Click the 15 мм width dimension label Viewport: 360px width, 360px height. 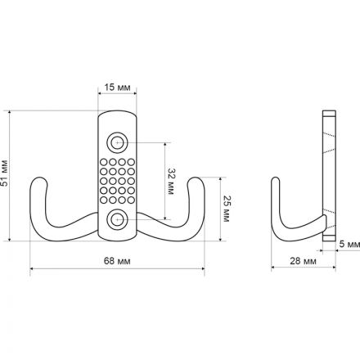117,88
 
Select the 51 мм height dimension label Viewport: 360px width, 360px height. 5,173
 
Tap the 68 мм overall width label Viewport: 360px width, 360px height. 117,261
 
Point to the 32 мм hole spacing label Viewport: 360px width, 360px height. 171,182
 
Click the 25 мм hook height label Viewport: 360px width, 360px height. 227,209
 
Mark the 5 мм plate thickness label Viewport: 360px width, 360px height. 349,244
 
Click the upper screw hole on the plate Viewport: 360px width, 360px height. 117,142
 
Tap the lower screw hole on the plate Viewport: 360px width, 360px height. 117,219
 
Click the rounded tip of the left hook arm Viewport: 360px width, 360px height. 38,178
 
